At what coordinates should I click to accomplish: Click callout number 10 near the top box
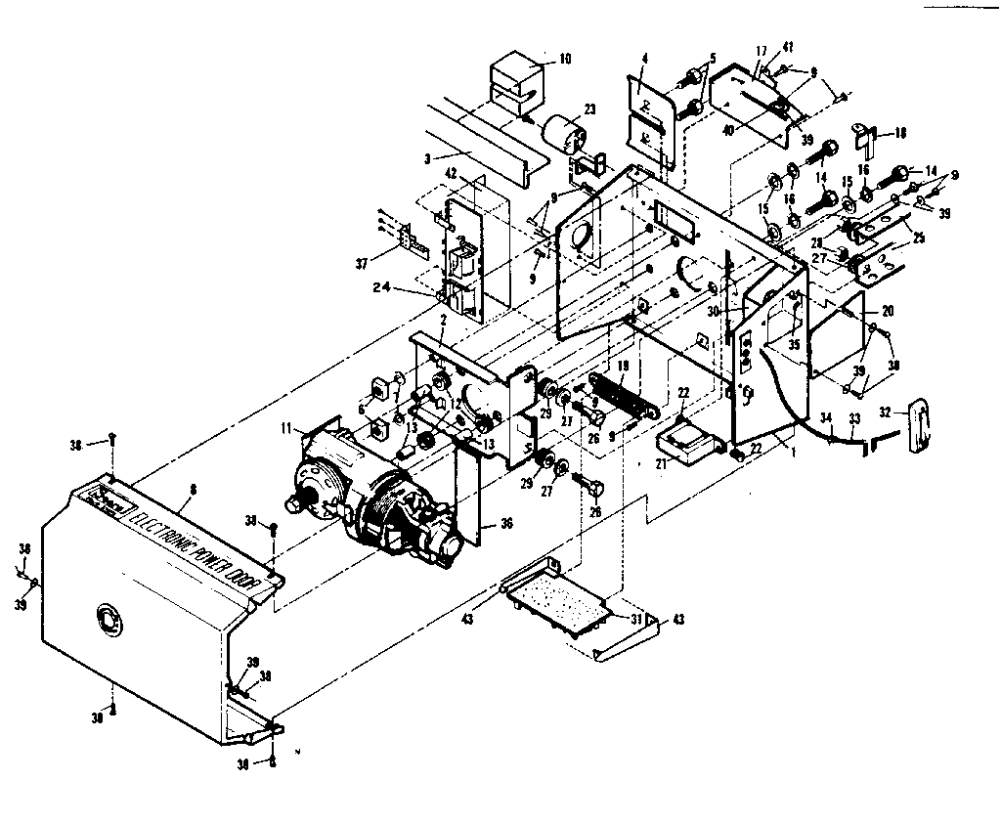click(564, 59)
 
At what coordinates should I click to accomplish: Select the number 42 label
click(450, 173)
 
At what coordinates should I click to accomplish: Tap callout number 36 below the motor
click(506, 523)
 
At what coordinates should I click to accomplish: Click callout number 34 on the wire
click(827, 417)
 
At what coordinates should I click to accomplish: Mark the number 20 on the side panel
click(888, 310)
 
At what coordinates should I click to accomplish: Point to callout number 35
click(795, 344)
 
